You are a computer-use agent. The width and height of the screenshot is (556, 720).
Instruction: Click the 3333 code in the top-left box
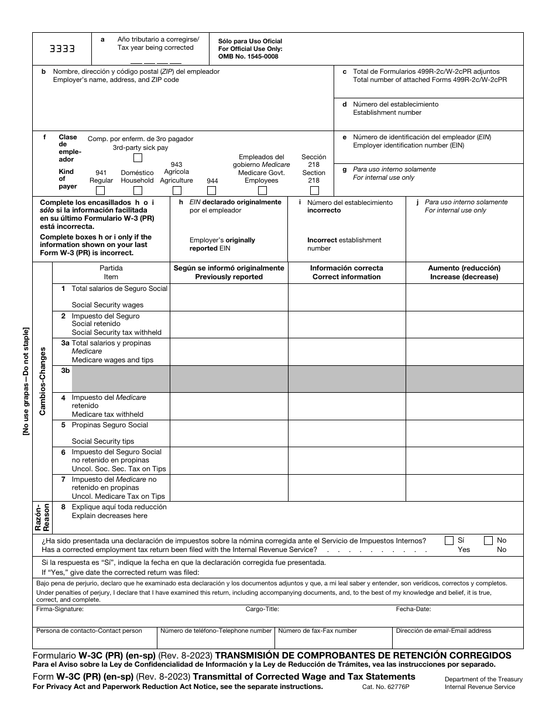(62, 49)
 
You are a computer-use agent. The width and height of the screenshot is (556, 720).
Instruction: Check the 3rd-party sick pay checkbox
(138, 157)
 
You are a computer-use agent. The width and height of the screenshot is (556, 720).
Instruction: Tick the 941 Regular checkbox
(101, 190)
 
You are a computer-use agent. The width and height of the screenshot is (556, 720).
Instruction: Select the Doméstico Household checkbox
(137, 190)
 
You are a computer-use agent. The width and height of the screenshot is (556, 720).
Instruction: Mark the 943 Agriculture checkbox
(176, 190)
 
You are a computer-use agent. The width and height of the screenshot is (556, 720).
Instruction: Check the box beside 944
(212, 190)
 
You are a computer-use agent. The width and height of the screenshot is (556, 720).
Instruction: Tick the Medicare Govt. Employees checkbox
(262, 190)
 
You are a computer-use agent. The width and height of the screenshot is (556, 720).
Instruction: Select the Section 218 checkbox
(314, 190)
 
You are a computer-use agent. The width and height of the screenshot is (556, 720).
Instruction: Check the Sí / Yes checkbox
(449, 541)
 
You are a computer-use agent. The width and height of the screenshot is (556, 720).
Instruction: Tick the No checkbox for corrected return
(489, 541)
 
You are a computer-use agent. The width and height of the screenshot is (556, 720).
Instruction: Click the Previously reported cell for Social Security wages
(229, 297)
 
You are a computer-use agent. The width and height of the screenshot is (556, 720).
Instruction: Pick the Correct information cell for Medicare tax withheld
(346, 406)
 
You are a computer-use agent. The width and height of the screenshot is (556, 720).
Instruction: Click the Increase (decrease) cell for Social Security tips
(464, 433)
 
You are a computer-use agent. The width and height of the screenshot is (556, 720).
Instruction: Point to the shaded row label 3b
(66, 371)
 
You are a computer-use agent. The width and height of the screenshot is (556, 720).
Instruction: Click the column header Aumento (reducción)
(464, 268)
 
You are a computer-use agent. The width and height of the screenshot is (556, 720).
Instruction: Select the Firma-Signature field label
(60, 609)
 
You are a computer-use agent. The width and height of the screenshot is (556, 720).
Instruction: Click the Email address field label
(444, 631)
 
